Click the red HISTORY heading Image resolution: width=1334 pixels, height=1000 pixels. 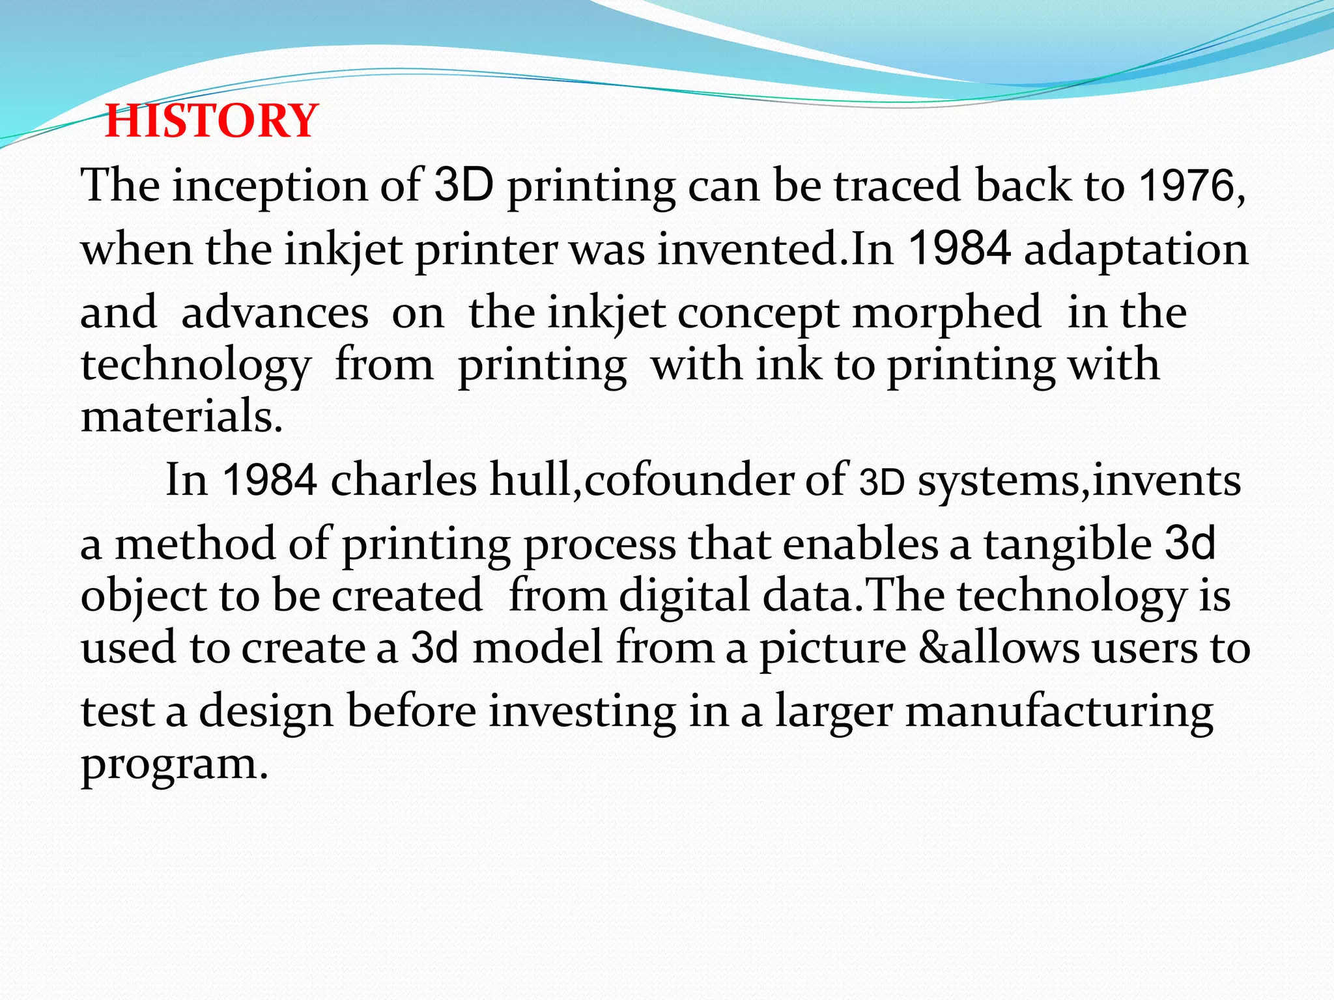click(x=212, y=121)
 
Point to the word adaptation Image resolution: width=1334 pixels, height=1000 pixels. click(x=1136, y=250)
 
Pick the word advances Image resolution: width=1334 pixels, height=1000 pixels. click(x=275, y=313)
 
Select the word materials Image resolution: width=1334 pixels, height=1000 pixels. click(x=181, y=417)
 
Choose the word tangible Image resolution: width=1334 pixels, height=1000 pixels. click(x=1068, y=544)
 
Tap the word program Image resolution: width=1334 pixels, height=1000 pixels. click(x=174, y=764)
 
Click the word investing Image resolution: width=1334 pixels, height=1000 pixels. click(x=582, y=712)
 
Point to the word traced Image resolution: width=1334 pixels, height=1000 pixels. click(x=898, y=186)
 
